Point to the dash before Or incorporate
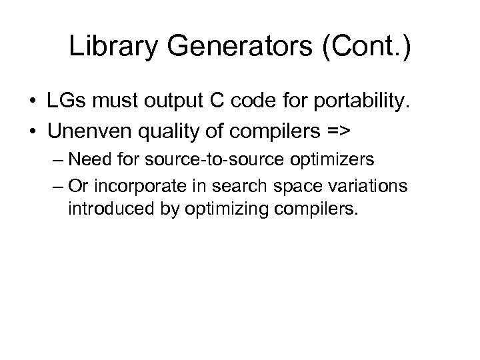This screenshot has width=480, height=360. (57, 188)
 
